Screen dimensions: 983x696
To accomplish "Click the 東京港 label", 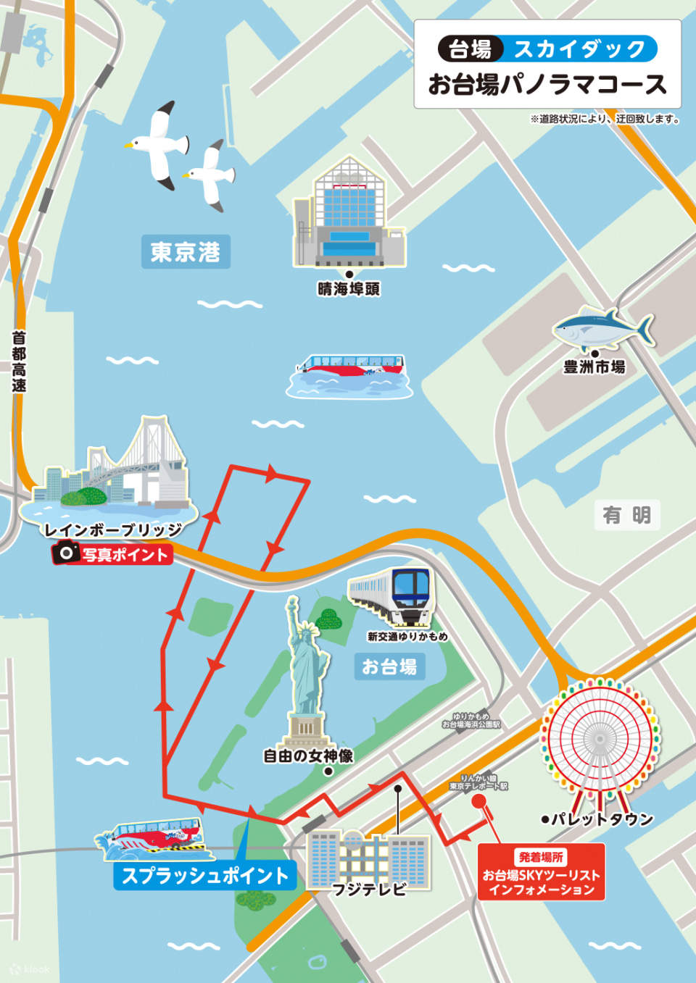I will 185,252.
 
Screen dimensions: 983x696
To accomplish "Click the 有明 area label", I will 626,515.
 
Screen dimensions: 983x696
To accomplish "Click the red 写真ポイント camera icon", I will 67,553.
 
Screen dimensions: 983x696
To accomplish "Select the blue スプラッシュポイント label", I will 205,876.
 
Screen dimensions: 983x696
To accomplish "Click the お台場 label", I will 389,666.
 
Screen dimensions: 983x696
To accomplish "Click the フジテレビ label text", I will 368,888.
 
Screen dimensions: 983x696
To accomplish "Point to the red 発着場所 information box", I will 541,872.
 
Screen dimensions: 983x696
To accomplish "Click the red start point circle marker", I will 478,801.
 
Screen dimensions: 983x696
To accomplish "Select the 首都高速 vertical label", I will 19,361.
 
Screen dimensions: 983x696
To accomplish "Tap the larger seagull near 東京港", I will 159,143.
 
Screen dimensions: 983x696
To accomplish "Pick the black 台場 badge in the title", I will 470,49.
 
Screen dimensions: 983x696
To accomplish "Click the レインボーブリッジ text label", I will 112,530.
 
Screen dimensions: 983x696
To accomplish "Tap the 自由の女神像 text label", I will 308,756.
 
